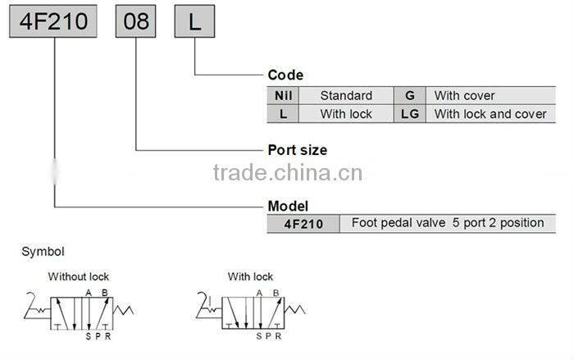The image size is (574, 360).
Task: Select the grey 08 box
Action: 135,21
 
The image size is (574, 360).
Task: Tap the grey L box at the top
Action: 194,21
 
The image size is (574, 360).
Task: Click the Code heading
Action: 285,75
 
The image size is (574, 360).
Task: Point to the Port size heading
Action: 298,150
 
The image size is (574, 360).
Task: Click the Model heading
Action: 289,206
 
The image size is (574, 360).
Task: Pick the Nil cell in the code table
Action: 283,95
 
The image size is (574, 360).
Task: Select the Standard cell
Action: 346,95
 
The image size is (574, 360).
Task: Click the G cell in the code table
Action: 410,95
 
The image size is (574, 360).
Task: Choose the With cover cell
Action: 464,95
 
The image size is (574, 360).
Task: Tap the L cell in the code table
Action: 283,114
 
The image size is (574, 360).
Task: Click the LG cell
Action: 410,114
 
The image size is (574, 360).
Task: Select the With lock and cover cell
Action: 490,114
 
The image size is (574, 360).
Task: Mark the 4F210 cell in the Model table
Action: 303,223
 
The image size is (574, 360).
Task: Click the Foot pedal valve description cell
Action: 447,223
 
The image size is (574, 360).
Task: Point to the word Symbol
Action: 43,253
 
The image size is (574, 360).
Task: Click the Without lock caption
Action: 79,276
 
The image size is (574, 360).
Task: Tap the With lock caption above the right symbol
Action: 250,276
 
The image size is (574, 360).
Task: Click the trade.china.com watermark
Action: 287,173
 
